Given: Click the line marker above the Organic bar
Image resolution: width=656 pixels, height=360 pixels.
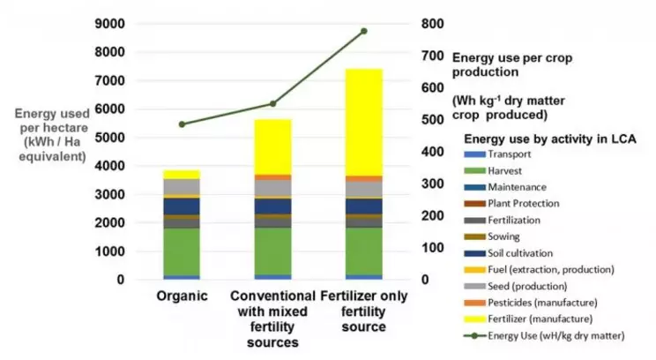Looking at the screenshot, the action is click(182, 124).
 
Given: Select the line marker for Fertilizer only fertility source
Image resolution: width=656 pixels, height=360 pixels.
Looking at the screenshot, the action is click(364, 31).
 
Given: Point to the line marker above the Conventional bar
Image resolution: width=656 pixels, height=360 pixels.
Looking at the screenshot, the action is click(272, 104).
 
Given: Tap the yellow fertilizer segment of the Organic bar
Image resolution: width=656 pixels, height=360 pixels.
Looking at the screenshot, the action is click(182, 175).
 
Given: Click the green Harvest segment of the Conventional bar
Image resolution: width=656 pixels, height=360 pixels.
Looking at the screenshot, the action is click(272, 251).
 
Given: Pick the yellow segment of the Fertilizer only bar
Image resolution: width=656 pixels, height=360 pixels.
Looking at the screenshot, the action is click(364, 123).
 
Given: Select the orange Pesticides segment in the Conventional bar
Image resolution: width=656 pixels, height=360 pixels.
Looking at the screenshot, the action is click(272, 177).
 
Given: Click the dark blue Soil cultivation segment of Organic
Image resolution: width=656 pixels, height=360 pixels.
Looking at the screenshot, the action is click(182, 206).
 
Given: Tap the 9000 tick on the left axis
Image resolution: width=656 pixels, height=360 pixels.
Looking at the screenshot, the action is click(109, 24).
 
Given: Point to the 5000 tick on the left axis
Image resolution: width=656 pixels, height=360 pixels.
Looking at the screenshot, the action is click(109, 138).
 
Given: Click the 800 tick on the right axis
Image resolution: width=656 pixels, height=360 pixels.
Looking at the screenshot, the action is click(433, 24).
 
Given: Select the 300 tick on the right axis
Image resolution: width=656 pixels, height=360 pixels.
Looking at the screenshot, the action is click(433, 184).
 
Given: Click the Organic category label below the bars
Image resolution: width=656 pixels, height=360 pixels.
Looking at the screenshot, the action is click(182, 296).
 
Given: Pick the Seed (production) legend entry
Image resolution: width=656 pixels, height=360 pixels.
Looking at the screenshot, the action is click(516, 287).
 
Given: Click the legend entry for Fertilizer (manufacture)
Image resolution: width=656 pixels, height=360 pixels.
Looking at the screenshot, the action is click(528, 319).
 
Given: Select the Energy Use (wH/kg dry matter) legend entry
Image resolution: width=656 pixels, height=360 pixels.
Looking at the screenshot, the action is click(544, 335).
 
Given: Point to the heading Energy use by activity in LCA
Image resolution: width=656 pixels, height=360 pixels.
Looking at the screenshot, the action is click(550, 139).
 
